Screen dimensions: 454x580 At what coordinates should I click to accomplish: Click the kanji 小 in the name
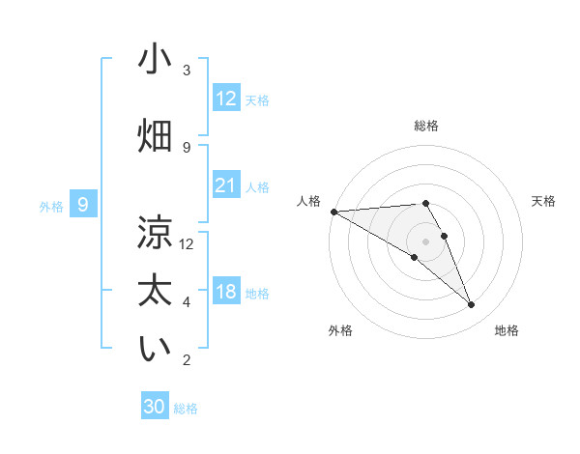(155, 60)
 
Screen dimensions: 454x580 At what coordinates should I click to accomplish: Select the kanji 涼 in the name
(155, 232)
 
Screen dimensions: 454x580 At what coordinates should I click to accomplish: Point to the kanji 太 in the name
(155, 290)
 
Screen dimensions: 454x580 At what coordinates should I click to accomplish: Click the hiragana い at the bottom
(155, 349)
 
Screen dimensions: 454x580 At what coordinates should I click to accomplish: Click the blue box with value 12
(226, 99)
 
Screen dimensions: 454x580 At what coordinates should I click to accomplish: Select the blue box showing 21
(226, 185)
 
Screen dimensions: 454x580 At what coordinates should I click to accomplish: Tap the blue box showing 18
(226, 293)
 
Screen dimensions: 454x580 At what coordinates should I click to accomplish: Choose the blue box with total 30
(155, 407)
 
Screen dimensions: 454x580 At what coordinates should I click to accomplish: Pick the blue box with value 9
(83, 205)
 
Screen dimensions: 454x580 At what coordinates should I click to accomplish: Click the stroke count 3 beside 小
(187, 71)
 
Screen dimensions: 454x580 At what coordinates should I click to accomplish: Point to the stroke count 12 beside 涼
(187, 243)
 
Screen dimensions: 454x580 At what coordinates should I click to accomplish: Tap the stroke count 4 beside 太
(187, 302)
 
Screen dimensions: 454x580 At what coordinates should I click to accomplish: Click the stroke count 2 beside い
(187, 360)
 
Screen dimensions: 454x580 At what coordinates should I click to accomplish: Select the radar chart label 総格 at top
(425, 126)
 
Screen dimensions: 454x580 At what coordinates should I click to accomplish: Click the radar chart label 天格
(544, 201)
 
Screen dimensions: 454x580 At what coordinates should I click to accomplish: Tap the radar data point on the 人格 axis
(333, 211)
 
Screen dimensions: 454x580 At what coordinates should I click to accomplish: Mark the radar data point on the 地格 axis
(472, 305)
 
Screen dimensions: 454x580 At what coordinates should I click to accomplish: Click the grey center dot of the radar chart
(425, 241)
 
